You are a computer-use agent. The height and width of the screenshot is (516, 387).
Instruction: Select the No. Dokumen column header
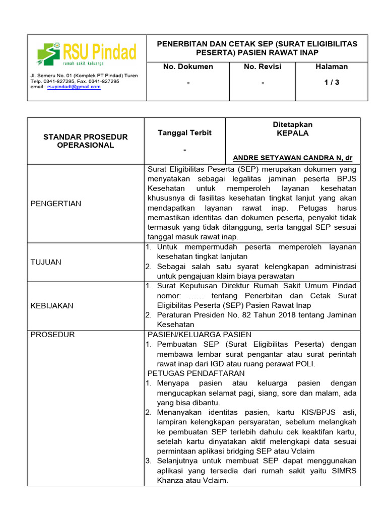(188, 67)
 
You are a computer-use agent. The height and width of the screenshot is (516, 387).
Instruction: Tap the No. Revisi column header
(262, 67)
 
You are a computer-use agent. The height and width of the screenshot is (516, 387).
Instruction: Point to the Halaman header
(332, 67)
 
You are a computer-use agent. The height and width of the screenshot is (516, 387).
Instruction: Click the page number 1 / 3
(332, 83)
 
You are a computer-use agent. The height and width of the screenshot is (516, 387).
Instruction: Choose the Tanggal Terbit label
(184, 133)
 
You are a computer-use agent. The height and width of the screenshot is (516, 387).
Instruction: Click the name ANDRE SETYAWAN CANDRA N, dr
(292, 158)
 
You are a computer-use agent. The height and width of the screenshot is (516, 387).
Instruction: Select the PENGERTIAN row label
(56, 204)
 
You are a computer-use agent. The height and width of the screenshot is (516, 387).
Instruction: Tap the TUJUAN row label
(46, 262)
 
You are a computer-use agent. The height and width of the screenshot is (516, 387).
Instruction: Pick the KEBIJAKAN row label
(52, 305)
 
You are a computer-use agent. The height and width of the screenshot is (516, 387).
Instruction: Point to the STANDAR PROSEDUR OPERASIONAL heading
(86, 141)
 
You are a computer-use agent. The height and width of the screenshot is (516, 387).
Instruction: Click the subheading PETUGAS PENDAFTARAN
(196, 373)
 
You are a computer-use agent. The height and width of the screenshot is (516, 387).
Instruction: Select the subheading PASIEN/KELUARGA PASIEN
(199, 335)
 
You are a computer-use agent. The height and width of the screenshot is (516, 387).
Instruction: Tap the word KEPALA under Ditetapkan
(293, 134)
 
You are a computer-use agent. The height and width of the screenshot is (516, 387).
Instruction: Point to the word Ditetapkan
(293, 124)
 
